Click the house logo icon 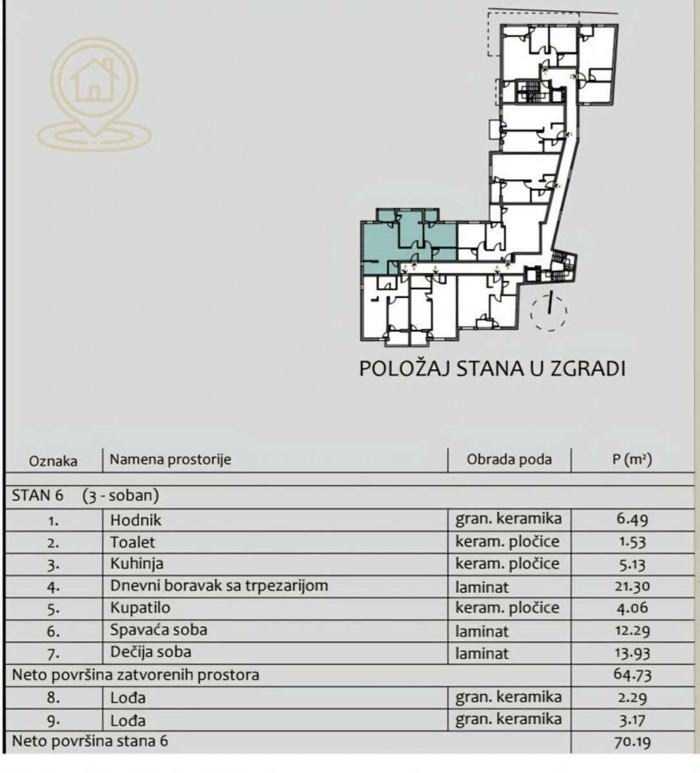pos(94,94)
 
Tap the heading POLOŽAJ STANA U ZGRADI pos(492,368)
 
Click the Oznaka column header pos(53,461)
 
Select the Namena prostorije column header pos(170,459)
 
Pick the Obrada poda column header pos(509,459)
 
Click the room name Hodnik pos(135,520)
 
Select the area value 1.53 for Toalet pos(632,542)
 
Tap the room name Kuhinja pos(137,564)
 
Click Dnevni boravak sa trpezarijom pos(219,586)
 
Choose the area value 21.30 pos(632,586)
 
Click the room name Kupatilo pos(140,608)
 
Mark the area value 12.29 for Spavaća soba pos(632,631)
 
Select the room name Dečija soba pos(151,652)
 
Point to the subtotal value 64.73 pos(632,674)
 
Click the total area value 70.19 pos(632,741)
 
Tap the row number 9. pos(53,721)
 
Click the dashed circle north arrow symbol pos(549,312)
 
